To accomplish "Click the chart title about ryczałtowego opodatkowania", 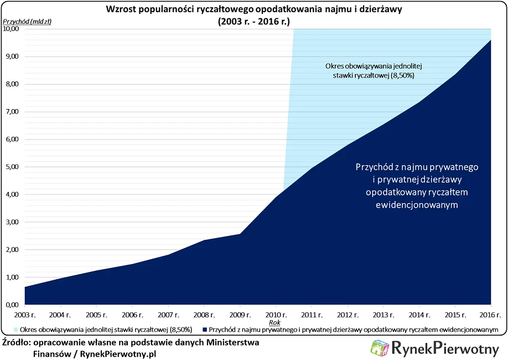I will click(x=254, y=9).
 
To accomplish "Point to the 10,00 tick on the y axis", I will click(x=12, y=29).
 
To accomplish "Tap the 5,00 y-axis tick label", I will click(x=13, y=167).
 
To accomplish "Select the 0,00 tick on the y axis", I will click(x=13, y=305).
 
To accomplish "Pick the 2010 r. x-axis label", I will click(x=276, y=315).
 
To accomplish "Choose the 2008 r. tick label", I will click(x=204, y=315).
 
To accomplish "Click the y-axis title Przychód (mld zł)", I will click(x=28, y=22).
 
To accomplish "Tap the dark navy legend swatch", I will click(x=205, y=330).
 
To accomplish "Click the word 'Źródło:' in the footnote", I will click(x=17, y=342).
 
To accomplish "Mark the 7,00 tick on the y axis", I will click(x=13, y=112).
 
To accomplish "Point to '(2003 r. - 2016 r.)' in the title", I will click(x=254, y=21).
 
